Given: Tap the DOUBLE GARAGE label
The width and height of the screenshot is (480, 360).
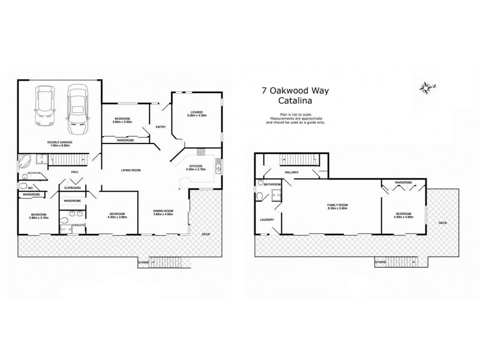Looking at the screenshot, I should click(59, 142).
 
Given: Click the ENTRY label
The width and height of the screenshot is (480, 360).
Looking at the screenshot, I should click(160, 127).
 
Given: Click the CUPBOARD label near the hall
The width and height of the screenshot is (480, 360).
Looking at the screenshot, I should click(73, 188).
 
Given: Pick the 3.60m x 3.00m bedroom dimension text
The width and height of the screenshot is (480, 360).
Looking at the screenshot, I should click(122, 122).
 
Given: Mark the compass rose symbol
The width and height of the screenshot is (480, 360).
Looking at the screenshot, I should click(427, 89).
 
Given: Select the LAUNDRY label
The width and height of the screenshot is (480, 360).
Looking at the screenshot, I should click(266, 220).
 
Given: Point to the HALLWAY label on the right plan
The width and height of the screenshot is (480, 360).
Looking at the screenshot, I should click(292, 172).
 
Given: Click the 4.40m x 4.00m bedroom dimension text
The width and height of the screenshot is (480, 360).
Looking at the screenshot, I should click(403, 217).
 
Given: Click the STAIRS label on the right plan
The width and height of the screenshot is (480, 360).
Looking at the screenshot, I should click(380, 262).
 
